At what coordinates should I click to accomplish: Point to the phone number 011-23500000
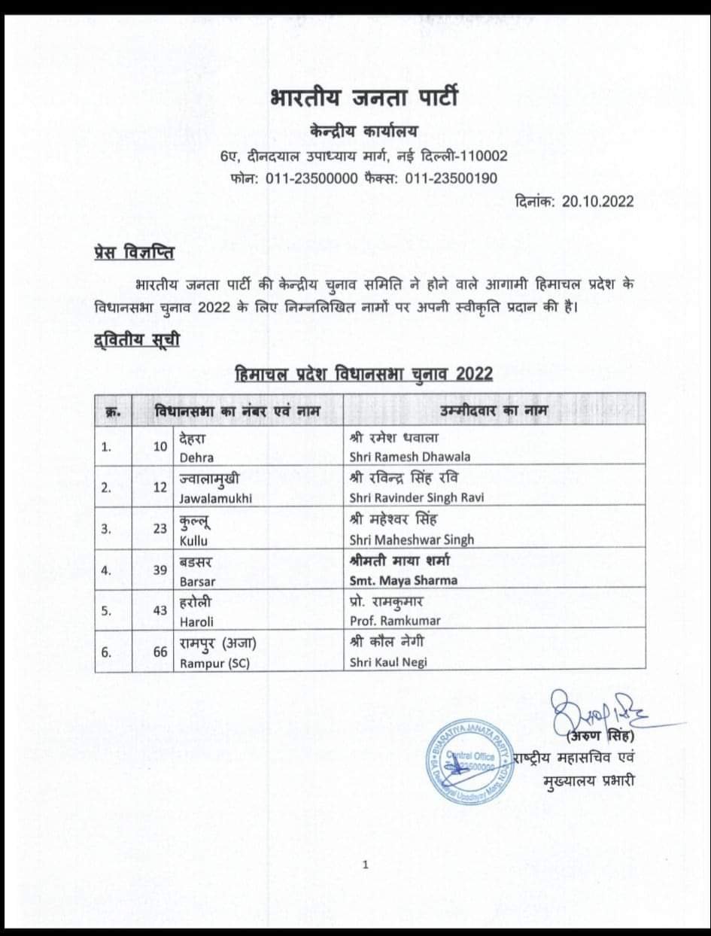coord(304,178)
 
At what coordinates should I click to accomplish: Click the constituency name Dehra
coord(196,457)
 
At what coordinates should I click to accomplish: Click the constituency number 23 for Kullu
coord(160,528)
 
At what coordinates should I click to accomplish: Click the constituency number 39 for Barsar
coord(160,570)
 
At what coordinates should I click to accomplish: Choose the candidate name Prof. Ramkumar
coord(395,621)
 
